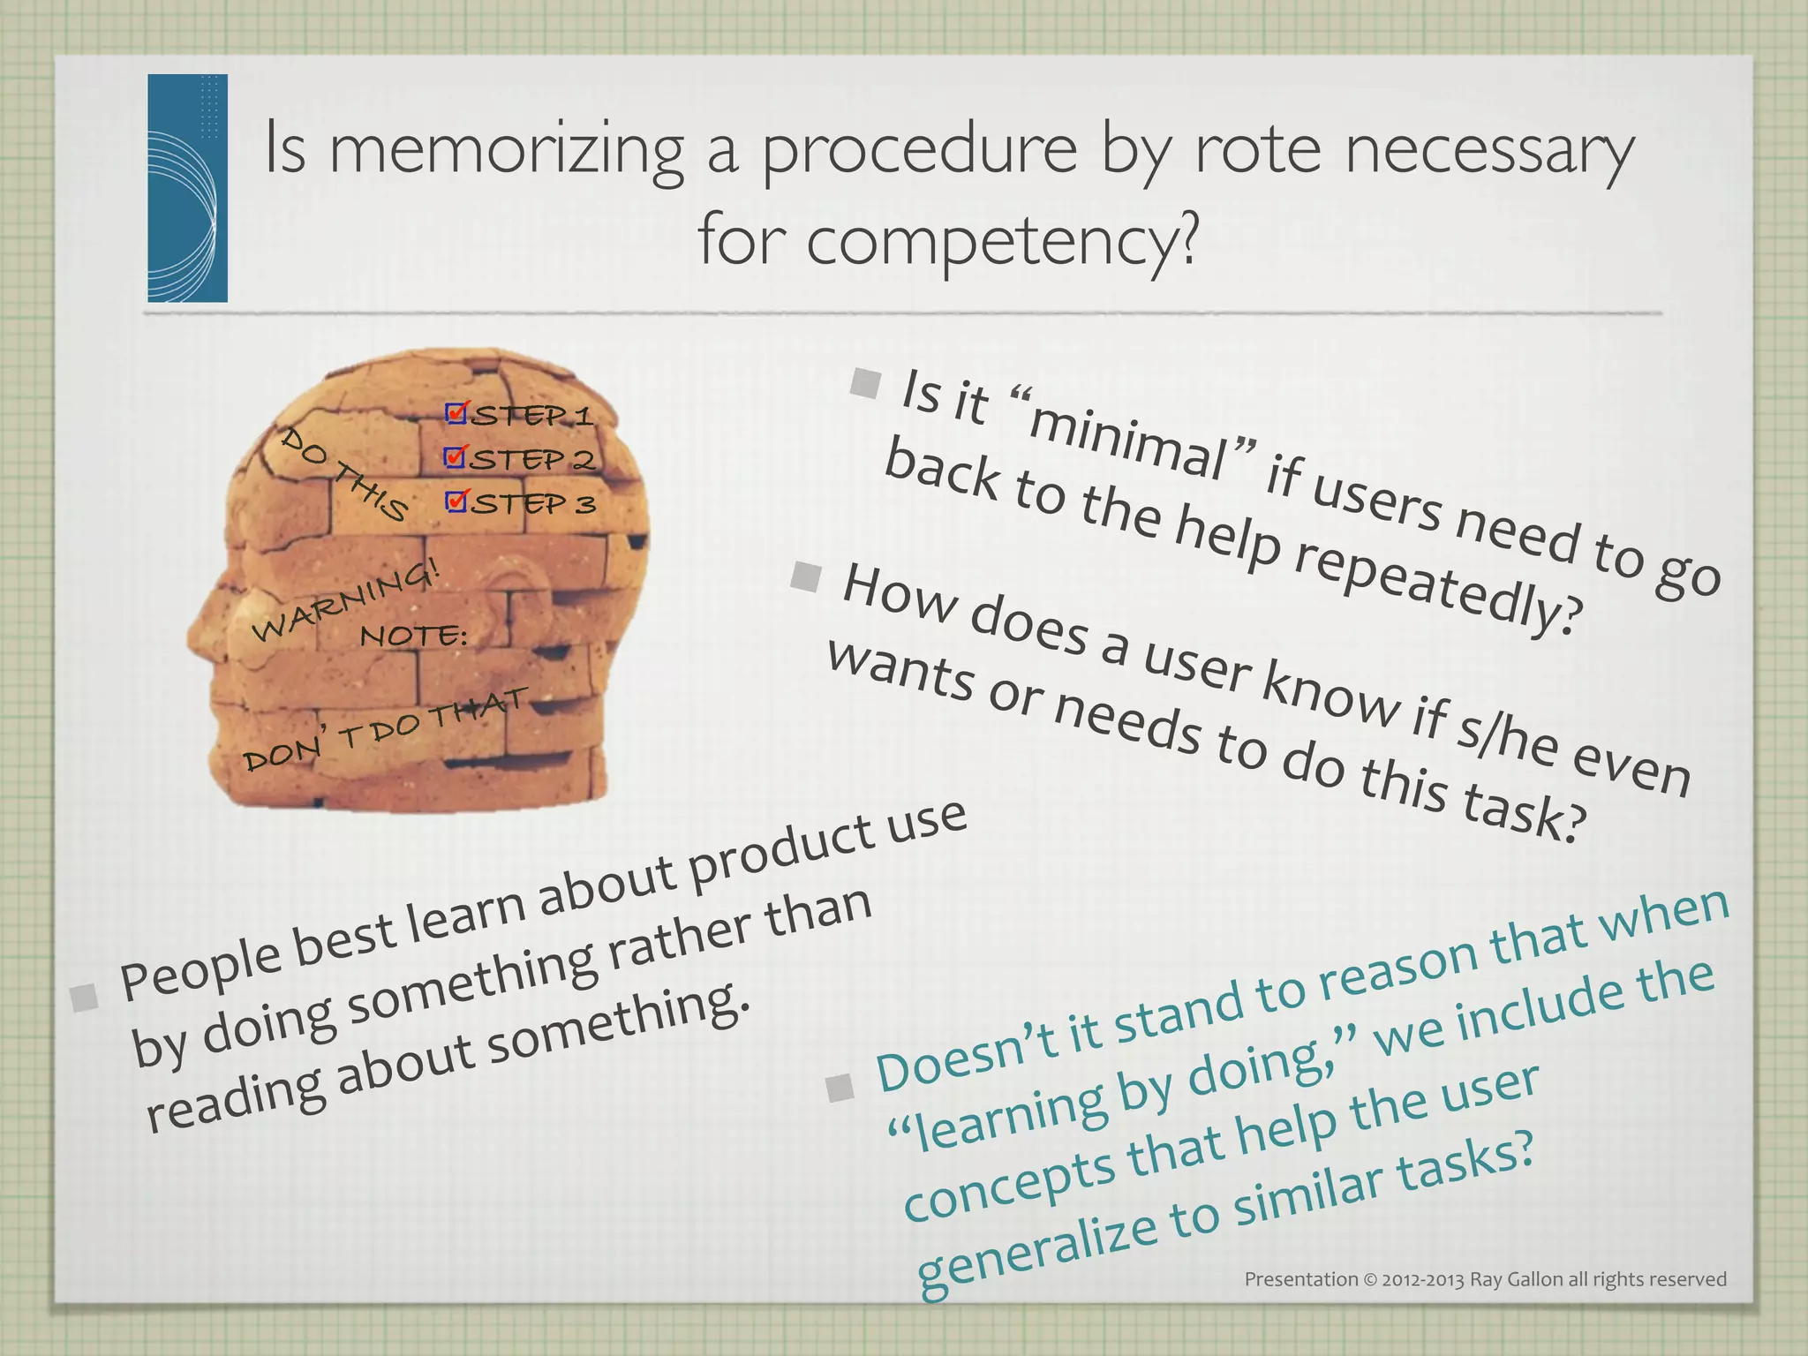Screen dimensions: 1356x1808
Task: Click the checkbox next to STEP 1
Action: (x=456, y=413)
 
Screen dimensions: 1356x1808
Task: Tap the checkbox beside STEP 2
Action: (x=456, y=457)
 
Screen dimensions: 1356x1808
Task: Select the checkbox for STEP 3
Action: (x=456, y=501)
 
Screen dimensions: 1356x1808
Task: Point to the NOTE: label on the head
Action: (x=413, y=635)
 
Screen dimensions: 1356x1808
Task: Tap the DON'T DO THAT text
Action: (x=385, y=729)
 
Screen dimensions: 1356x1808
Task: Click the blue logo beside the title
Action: (x=188, y=188)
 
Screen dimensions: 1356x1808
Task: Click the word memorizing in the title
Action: (x=506, y=150)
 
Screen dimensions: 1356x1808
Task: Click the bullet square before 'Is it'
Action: (x=866, y=383)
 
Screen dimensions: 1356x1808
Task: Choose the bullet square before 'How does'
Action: (x=806, y=577)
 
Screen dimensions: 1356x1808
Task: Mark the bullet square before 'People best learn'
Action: (x=86, y=998)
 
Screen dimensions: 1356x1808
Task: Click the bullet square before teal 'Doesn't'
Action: (x=840, y=1088)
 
